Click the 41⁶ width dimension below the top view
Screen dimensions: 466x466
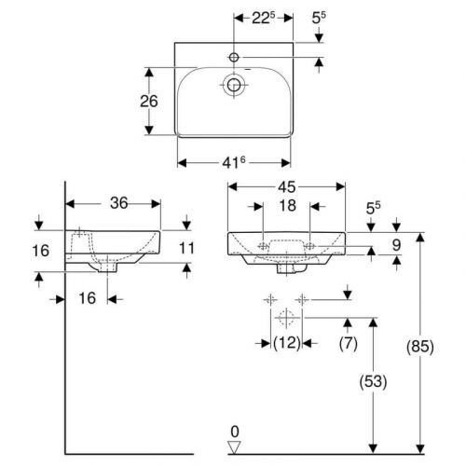[234, 162]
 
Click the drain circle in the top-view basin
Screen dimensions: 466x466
[233, 87]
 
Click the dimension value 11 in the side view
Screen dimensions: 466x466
[187, 248]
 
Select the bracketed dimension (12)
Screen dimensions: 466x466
[286, 344]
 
